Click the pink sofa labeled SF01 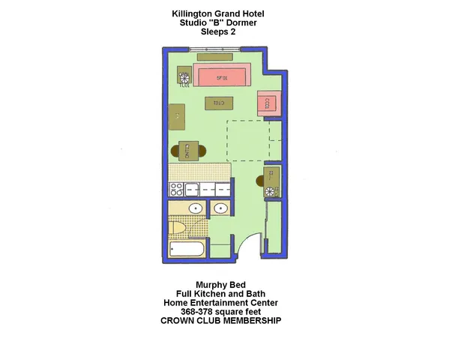(x=221, y=76)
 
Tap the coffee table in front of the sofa (x=219, y=103)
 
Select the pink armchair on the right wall (x=267, y=103)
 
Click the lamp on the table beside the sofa (x=184, y=76)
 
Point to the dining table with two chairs (x=188, y=151)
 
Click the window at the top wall (x=214, y=50)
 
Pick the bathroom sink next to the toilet (x=195, y=208)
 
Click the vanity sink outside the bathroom (x=221, y=208)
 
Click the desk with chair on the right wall (x=271, y=178)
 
